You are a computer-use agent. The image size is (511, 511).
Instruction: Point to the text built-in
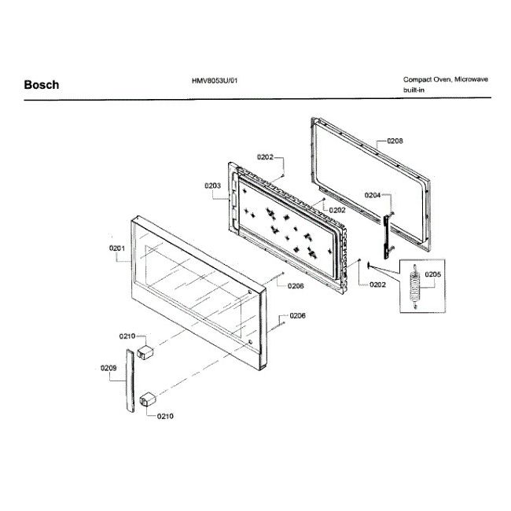(415, 91)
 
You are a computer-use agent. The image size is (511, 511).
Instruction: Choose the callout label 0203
(211, 186)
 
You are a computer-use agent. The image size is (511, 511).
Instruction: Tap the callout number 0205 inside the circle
(432, 274)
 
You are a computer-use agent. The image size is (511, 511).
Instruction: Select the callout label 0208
(395, 142)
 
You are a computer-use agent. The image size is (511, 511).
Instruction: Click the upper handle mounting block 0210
(145, 348)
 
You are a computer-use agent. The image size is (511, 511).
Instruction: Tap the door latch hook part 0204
(386, 233)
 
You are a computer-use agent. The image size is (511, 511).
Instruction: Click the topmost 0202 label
(265, 157)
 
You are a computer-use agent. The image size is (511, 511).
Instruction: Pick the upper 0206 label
(296, 286)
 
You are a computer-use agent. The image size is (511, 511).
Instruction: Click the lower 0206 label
(297, 315)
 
